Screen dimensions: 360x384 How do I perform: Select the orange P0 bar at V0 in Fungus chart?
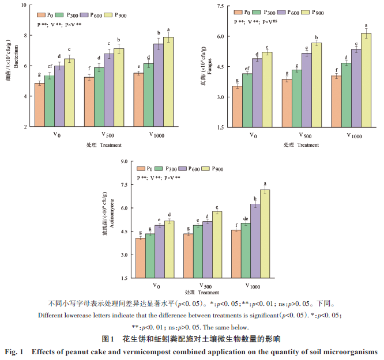click(236, 107)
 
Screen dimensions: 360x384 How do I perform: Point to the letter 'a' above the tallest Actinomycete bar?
click(265, 184)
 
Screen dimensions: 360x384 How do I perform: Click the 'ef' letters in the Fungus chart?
click(247, 69)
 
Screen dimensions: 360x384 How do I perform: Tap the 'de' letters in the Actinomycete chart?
click(246, 218)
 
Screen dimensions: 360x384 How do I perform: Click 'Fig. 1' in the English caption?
click(16, 351)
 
